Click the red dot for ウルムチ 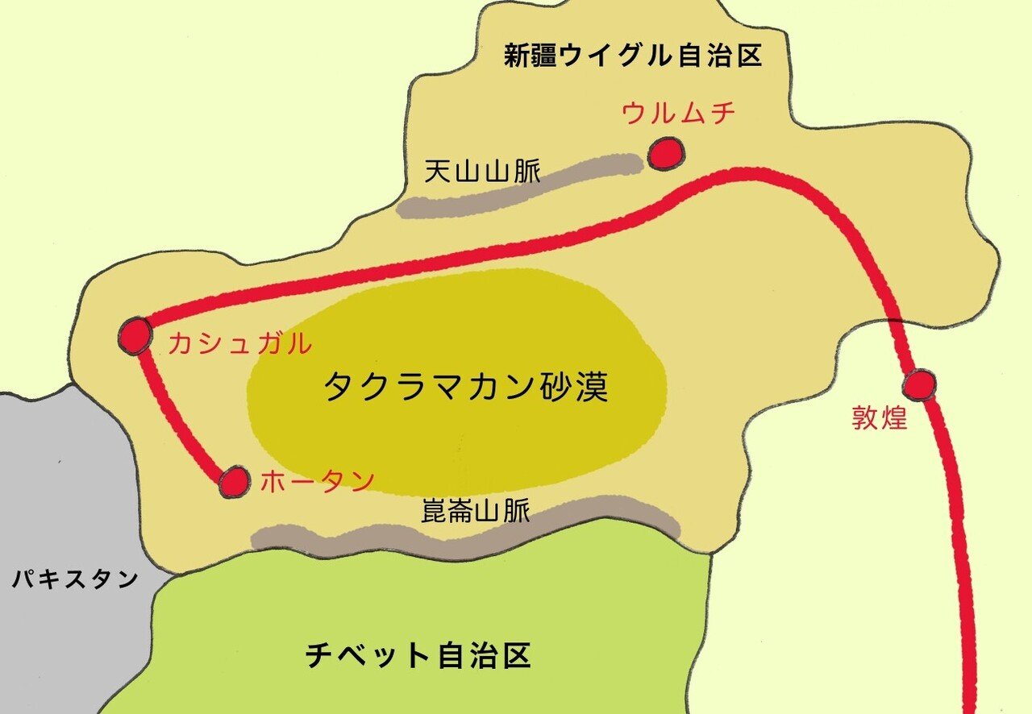[x=666, y=153]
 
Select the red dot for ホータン [x=235, y=481]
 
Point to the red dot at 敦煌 [x=918, y=386]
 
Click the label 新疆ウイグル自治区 [x=633, y=56]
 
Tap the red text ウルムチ [x=678, y=114]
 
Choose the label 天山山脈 [x=482, y=171]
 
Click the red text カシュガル [x=239, y=345]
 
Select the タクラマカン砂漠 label [x=465, y=388]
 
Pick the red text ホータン [x=318, y=481]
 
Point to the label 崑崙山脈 [x=476, y=510]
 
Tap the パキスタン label [x=75, y=579]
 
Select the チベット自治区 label [x=418, y=655]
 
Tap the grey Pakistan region [x=64, y=484]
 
